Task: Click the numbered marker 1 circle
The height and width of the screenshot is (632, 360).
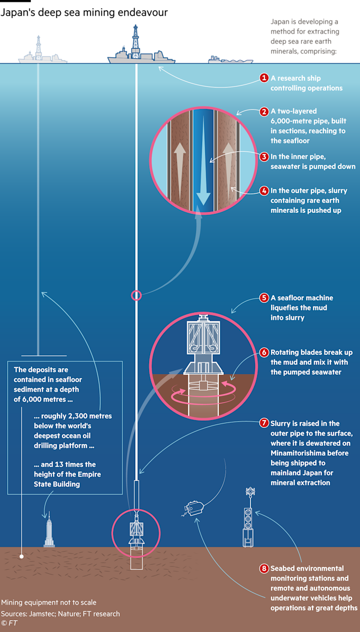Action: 264,78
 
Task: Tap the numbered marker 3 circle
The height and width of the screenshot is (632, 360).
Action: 264,157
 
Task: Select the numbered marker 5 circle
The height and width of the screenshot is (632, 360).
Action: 264,298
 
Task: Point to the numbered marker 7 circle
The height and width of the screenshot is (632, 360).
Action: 264,423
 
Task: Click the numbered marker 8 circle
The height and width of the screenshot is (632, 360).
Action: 264,568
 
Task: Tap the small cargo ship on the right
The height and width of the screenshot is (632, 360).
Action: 230,60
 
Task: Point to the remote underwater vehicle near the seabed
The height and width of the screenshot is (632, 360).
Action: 195,508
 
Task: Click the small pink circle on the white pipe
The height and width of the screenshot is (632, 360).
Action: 136,295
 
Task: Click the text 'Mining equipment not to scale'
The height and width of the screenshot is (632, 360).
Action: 48,602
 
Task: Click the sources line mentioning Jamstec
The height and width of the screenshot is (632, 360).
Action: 60,613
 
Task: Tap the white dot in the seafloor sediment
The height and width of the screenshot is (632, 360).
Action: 21,556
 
